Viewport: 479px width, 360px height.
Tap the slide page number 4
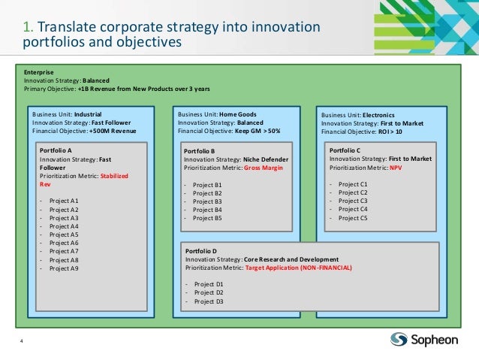pos(23,342)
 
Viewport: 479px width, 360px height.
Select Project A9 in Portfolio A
pos(64,268)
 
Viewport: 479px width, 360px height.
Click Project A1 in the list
pos(64,201)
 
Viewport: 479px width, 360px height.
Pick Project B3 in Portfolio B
pos(207,201)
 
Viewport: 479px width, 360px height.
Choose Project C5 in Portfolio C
pos(353,218)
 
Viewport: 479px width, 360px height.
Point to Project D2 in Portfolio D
pos(209,292)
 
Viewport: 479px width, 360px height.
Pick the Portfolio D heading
pos(201,250)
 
